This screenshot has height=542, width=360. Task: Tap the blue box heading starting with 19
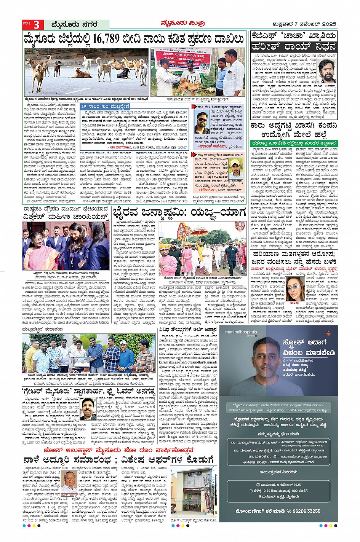pos(106,106)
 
